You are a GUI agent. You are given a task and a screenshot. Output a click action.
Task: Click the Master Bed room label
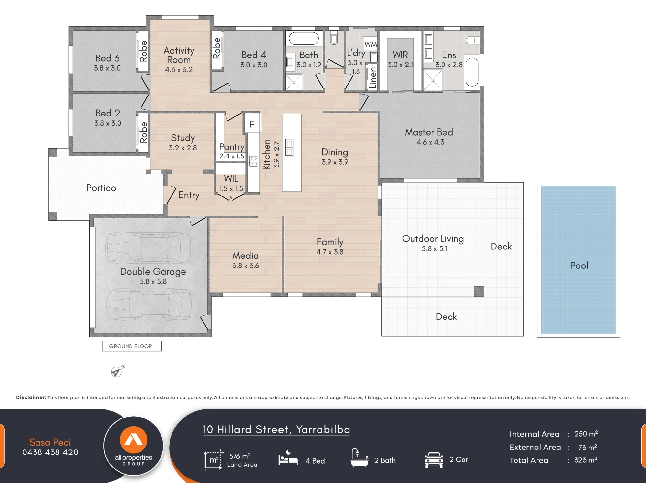coord(429,132)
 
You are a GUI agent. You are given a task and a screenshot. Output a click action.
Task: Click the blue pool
coord(578,260)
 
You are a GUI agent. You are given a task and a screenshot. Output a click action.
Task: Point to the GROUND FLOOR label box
coord(132,346)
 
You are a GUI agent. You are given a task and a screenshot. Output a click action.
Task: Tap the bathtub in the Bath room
coord(304,38)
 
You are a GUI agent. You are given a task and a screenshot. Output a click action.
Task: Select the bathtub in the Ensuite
coord(472,72)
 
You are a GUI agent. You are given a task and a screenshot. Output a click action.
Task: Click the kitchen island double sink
coord(290,147)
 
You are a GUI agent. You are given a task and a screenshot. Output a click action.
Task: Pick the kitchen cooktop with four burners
coord(254,161)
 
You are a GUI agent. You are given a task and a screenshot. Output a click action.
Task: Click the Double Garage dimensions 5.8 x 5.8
coord(153,281)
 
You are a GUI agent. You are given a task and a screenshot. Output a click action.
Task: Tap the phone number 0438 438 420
coord(50,452)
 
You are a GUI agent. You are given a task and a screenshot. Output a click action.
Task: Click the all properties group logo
coord(133,446)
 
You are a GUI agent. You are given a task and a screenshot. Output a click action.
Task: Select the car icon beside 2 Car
coord(434,460)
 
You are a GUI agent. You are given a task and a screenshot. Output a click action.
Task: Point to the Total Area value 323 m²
coord(586,460)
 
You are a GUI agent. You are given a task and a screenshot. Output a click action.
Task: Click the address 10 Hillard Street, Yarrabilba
coord(276,429)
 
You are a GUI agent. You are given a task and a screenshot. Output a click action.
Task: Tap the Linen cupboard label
coord(373,78)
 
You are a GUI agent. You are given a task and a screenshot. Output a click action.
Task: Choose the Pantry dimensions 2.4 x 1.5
coord(232,156)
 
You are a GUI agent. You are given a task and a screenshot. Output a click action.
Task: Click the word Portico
coord(101,188)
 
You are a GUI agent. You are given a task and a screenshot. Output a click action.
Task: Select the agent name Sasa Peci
coord(50,442)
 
